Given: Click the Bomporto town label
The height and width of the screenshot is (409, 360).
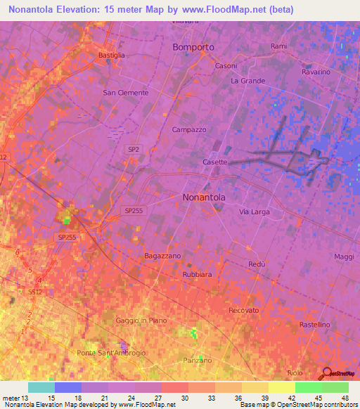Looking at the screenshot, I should [x=193, y=47].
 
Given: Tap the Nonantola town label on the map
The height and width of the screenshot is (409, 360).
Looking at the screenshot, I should [x=204, y=197].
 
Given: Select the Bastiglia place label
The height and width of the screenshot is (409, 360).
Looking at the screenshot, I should [x=112, y=55].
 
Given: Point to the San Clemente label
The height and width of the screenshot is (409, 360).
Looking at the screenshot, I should [x=126, y=93].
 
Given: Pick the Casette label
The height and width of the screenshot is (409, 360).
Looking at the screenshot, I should [x=215, y=162].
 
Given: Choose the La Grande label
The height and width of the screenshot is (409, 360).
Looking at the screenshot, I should [x=248, y=81].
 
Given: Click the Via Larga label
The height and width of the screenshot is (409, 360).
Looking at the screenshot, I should [x=255, y=212].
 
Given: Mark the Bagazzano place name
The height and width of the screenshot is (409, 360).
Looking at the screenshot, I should [x=163, y=256].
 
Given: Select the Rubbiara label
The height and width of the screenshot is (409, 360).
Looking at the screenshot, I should [x=198, y=274].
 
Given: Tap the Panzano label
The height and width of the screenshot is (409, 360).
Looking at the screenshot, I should [x=198, y=360].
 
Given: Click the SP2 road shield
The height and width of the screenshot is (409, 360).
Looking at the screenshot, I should [x=134, y=149].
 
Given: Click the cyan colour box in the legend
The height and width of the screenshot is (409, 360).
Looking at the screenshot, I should [x=41, y=387].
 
